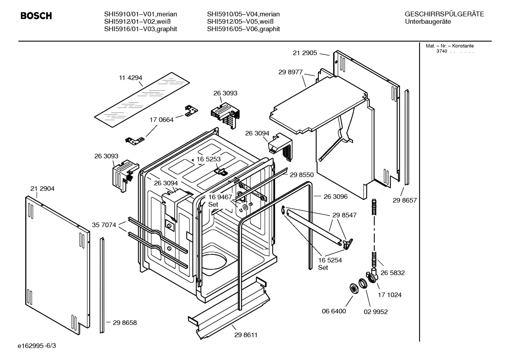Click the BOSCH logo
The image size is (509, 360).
(36, 16)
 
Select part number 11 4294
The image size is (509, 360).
(130, 78)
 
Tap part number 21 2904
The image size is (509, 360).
(42, 189)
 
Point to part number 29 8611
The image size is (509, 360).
(246, 335)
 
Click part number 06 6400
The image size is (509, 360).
(334, 311)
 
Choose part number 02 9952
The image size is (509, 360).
(376, 312)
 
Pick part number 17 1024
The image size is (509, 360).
(390, 295)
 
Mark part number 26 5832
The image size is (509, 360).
(393, 273)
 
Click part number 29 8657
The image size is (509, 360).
(405, 200)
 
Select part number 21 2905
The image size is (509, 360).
(305, 53)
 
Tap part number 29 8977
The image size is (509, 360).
(291, 72)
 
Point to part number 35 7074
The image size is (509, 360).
(104, 225)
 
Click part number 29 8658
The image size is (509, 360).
(125, 323)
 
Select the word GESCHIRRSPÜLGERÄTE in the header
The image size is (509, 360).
(444, 14)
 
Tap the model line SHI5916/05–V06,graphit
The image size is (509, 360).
(243, 29)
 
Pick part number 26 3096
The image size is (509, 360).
(335, 196)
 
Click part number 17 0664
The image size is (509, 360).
(161, 120)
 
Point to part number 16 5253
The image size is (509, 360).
(208, 159)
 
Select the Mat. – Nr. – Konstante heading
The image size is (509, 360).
(449, 46)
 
